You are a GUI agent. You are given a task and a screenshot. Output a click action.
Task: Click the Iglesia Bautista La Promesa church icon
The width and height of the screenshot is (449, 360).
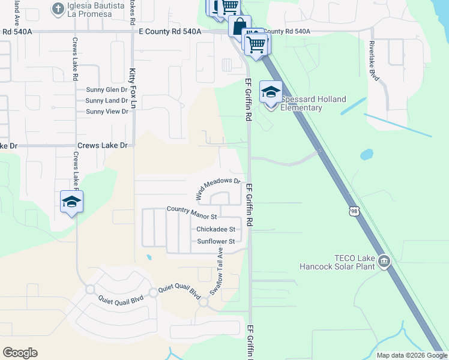(x=58, y=8)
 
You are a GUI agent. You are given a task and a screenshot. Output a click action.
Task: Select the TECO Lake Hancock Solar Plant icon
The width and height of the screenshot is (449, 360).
(x=384, y=262)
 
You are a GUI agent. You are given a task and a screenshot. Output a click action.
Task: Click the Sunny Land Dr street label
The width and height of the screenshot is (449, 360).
(x=107, y=101)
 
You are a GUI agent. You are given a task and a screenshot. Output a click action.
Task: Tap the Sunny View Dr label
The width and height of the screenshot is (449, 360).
(x=107, y=112)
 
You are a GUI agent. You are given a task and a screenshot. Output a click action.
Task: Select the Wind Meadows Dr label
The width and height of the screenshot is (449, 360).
(x=217, y=185)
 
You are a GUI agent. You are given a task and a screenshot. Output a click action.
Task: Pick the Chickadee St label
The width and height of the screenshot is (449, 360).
(x=215, y=229)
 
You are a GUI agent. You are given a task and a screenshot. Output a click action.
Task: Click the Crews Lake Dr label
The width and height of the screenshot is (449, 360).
(x=103, y=146)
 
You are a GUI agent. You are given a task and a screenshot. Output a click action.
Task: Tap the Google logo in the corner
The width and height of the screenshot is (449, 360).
(x=20, y=353)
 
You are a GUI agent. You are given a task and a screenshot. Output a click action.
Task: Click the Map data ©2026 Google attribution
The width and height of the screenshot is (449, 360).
(x=412, y=355)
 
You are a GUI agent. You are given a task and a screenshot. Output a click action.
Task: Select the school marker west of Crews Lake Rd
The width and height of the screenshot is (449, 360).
(x=71, y=203)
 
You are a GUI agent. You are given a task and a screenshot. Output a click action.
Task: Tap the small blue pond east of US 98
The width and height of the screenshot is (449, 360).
(x=366, y=154)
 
